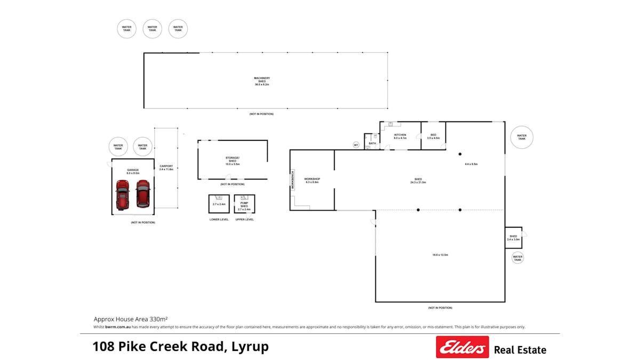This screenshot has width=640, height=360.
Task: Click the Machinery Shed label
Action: [262, 81]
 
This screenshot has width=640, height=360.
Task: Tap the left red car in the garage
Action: [122, 195]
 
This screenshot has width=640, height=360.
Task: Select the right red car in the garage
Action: [142, 194]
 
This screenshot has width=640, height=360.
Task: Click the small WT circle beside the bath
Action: [356, 145]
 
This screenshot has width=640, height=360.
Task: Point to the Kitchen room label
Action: [400, 137]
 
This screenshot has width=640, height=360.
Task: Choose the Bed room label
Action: [433, 137]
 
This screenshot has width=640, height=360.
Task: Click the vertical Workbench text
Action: [292, 180]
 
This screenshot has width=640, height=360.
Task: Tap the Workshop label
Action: [312, 180]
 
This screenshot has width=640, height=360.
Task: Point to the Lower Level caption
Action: [219, 219]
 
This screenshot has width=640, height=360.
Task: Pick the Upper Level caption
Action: [244, 219]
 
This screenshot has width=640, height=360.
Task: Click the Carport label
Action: [166, 167]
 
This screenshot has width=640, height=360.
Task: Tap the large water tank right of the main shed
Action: [522, 137]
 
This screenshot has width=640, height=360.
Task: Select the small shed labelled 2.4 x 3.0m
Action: [513, 237]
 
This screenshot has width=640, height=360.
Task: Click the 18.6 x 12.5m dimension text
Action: [440, 255]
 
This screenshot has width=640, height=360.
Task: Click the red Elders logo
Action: [462, 347]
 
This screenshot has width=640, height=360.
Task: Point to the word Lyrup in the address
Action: [250, 347]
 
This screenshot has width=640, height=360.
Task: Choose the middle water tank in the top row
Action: [153, 29]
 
